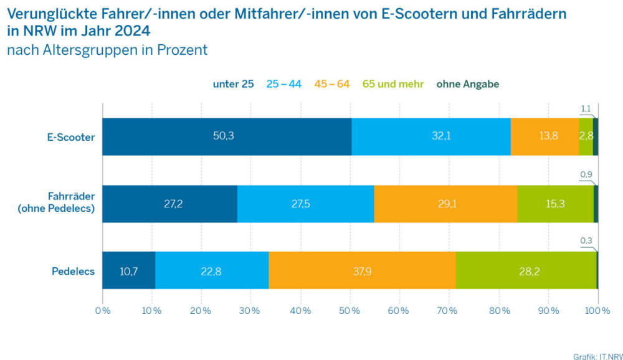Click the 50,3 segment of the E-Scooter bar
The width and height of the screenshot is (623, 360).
coord(227,136)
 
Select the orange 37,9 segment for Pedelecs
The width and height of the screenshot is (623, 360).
coord(362,270)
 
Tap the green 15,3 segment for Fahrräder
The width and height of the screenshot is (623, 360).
coord(555,204)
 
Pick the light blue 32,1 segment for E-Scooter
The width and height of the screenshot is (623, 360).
coord(431,136)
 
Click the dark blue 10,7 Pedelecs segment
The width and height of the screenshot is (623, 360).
coord(128,270)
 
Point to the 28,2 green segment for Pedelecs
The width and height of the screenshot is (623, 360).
coord(526,270)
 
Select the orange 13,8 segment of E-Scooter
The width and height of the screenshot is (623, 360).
coord(545,136)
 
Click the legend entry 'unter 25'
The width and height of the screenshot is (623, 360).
coord(233,84)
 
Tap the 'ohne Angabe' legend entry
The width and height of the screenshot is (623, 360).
coord(467,84)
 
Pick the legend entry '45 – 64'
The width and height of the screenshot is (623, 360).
coord(332,84)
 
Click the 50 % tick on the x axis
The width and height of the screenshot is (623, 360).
coord(350,310)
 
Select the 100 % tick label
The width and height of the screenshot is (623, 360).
coord(598,310)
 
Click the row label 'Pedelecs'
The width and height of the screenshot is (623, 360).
coord(74,271)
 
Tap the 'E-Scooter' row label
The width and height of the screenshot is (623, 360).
coord(71,136)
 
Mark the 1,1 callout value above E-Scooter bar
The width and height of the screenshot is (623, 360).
coord(586,108)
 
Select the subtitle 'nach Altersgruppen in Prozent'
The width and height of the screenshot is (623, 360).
coord(107,50)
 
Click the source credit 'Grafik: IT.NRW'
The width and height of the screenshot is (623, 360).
coord(597,356)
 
